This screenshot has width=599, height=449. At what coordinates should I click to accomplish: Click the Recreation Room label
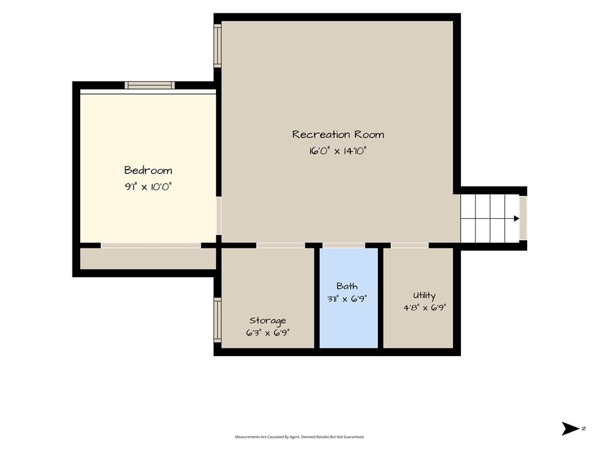[x=338, y=134]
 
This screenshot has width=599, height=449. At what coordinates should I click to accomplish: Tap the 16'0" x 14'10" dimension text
[x=338, y=151]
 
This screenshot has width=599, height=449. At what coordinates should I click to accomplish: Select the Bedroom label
[x=148, y=170]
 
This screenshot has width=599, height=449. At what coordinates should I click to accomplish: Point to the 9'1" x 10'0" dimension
[x=148, y=186]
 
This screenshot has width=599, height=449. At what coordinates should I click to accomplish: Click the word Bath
[x=347, y=286]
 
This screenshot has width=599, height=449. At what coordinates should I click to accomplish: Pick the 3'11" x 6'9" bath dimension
[x=347, y=299]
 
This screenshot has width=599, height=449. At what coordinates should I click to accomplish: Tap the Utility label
[x=424, y=295]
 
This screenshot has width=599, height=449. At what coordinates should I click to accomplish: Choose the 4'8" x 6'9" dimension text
[x=425, y=308]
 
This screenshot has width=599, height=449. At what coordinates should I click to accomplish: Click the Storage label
[x=267, y=321]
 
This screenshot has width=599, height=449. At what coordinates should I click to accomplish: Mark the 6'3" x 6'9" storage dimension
[x=267, y=333]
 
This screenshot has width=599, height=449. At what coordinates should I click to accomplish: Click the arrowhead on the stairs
[x=517, y=219]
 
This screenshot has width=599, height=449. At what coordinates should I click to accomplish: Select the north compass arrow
[x=570, y=429]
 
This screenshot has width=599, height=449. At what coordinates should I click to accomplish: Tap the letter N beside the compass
[x=584, y=429]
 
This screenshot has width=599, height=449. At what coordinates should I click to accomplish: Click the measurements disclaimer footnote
[x=299, y=437]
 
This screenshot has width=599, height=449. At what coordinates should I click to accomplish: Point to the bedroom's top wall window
[x=150, y=85]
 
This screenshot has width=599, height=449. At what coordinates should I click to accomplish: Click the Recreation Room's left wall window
[x=218, y=46]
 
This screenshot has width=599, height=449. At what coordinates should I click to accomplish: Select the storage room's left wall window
[x=218, y=320]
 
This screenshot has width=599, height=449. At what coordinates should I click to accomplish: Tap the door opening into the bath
[x=344, y=246]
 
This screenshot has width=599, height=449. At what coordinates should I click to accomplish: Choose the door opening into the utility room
[x=409, y=246]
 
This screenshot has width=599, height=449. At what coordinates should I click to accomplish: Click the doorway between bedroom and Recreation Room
[x=219, y=216]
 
